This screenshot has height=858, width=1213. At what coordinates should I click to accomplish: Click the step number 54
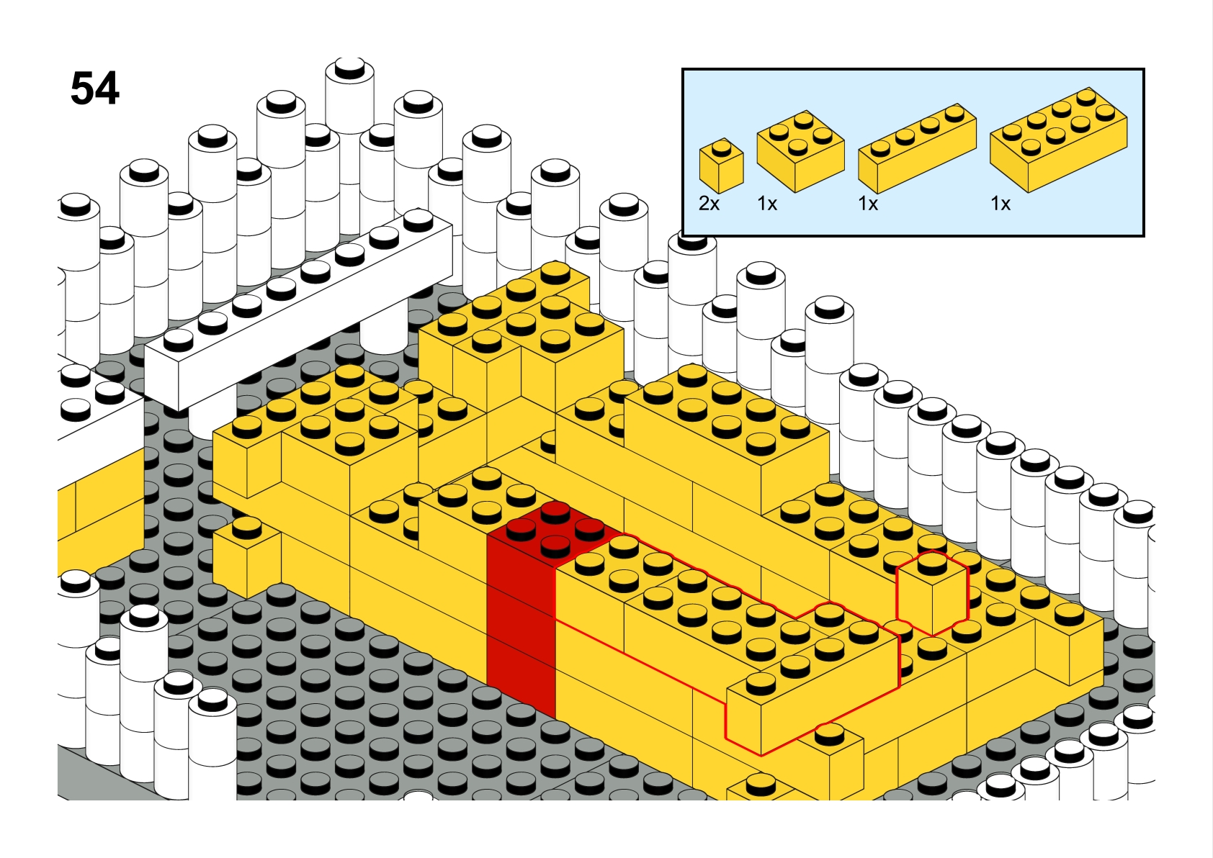(95, 89)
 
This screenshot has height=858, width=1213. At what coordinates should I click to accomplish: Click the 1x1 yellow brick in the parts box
(721, 165)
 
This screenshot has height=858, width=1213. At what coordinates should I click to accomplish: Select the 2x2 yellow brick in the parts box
(800, 151)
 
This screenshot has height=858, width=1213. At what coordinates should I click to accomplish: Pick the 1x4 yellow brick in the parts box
(918, 148)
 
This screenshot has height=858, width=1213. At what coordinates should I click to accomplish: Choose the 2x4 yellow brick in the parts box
(1059, 140)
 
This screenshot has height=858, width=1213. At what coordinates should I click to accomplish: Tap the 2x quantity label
(709, 204)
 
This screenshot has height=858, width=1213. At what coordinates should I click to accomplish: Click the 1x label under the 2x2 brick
(767, 204)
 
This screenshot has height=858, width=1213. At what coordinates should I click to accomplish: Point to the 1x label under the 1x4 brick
(868, 204)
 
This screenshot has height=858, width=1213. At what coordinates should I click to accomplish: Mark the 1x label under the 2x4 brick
(1001, 204)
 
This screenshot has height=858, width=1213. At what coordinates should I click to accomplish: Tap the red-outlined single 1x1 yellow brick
(932, 593)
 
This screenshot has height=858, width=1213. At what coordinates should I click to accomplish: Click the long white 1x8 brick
(298, 310)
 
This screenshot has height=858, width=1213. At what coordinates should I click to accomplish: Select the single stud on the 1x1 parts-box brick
(721, 147)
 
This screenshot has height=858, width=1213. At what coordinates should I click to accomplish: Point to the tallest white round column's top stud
(350, 68)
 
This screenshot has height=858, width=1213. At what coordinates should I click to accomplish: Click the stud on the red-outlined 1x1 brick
(932, 563)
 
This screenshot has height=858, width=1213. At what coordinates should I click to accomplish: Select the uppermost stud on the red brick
(555, 512)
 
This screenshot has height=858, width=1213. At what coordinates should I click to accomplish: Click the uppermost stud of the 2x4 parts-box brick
(1086, 96)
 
